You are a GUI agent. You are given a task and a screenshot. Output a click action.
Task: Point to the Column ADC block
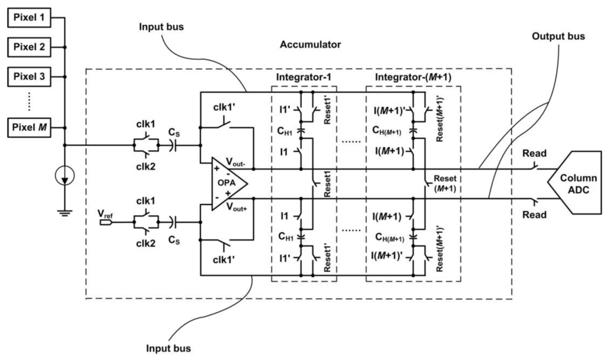pos(574,181)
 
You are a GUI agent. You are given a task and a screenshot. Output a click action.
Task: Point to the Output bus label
pos(558,36)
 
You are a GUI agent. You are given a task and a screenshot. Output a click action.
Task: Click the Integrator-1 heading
pos(303,78)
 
